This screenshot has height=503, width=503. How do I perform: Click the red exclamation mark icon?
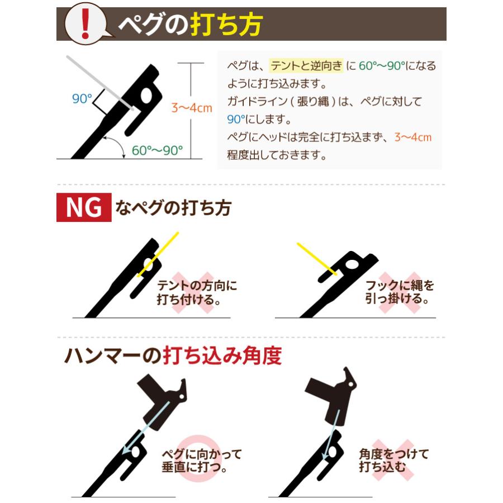[x=84, y=23]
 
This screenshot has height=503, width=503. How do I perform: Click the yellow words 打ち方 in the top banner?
[x=226, y=24]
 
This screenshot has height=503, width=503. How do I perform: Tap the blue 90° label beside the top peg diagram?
[x=82, y=99]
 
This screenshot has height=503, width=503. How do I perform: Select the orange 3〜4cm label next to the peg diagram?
[x=191, y=108]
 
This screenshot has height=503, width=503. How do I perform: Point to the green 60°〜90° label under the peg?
[x=157, y=150]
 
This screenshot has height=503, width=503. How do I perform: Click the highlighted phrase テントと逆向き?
[x=306, y=65]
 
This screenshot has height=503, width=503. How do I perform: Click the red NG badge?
[x=84, y=207]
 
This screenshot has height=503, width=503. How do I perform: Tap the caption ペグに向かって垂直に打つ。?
[x=201, y=461]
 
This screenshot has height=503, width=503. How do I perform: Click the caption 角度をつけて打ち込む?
[x=393, y=461]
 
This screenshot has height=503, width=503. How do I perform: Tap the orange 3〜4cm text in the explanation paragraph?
[x=413, y=137]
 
